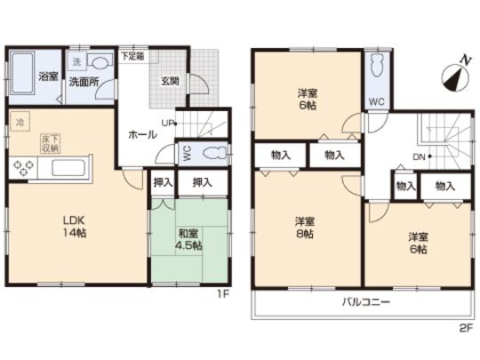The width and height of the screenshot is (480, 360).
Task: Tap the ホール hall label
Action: tap(143, 134)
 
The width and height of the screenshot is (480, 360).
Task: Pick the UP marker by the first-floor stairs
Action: tap(168, 123)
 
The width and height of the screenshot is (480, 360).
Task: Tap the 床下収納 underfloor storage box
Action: tap(49, 144)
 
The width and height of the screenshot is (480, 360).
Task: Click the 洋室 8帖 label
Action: tap(305, 228)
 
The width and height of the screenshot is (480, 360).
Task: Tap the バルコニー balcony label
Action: tap(367, 302)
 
